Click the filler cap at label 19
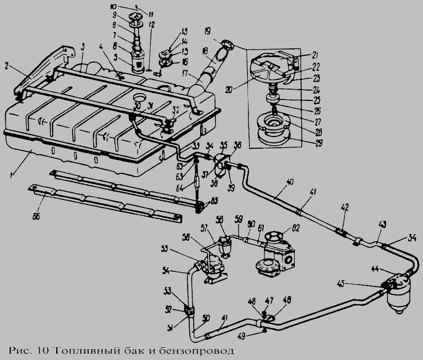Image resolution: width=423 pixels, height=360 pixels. [x=228, y=45]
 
